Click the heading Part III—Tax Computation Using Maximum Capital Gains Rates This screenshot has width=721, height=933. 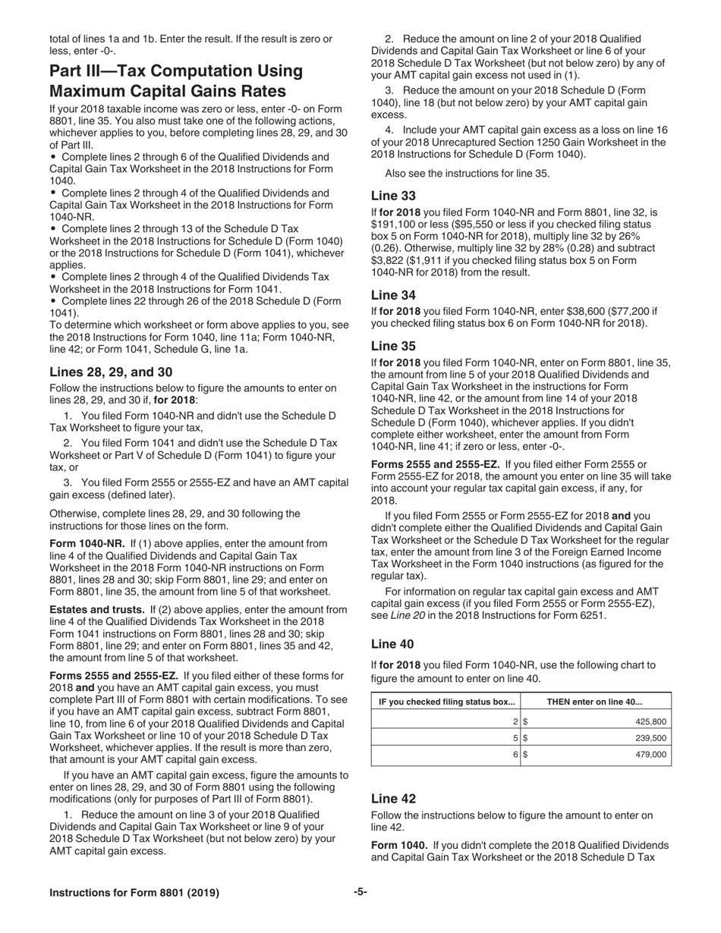(176, 81)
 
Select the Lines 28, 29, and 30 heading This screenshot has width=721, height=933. (111, 372)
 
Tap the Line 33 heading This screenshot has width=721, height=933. (392, 196)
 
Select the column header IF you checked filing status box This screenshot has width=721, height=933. (446, 702)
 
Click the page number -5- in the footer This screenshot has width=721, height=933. (360, 892)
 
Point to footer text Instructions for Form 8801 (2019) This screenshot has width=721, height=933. (134, 893)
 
